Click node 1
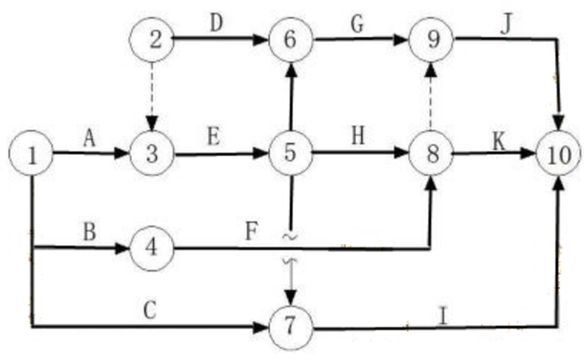click(31, 155)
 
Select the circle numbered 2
click(152, 41)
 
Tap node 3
click(152, 155)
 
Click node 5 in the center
click(290, 154)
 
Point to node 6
click(290, 41)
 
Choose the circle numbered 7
click(290, 328)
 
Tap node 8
click(431, 154)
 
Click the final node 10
click(558, 155)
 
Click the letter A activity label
click(89, 138)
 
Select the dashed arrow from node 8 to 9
click(431, 97)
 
